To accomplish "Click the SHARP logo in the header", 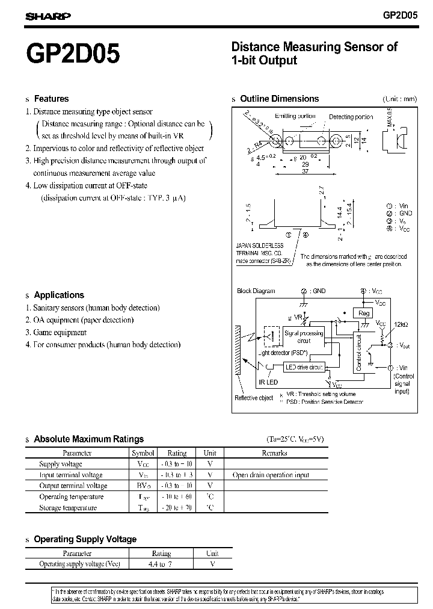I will click(48, 16).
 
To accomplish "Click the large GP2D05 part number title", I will click(73, 54).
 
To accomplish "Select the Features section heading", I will click(51, 99).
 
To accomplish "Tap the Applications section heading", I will click(58, 295).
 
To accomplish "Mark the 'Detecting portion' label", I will click(351, 117).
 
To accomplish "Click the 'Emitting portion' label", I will click(295, 116).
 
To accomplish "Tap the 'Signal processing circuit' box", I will click(304, 337).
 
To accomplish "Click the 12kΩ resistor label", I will click(401, 325).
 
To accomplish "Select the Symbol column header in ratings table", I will click(143, 453).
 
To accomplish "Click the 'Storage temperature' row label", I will click(67, 507).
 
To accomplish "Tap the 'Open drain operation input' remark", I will click(271, 475).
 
